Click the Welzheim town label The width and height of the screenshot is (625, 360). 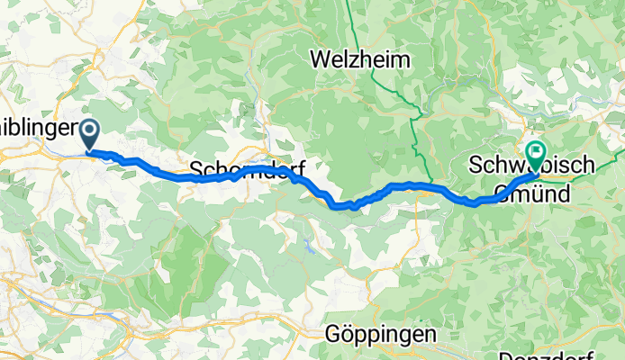point(359,60)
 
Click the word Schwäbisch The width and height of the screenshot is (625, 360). point(531,166)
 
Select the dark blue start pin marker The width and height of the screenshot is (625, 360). point(91,133)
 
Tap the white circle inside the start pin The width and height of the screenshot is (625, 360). point(91,130)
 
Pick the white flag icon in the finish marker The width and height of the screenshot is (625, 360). point(537,150)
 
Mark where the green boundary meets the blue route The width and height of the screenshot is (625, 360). point(429,188)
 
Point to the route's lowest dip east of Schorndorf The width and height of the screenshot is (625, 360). point(340,205)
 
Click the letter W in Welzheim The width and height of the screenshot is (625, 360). point(319,60)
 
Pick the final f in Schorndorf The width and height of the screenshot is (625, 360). point(300,169)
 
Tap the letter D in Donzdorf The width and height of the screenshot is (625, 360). point(505,354)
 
